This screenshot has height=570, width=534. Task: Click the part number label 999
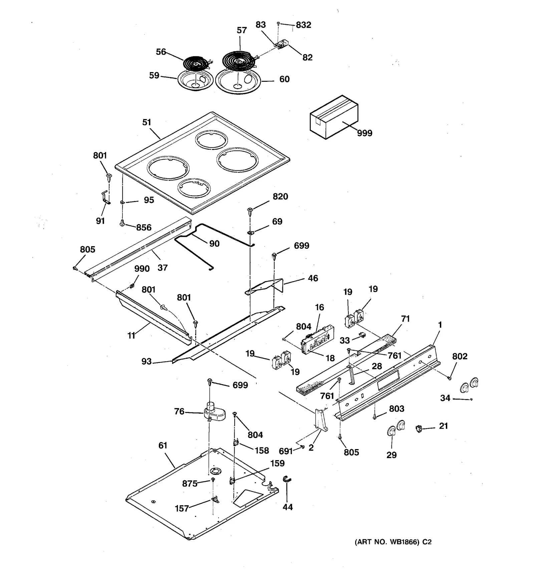(x=364, y=133)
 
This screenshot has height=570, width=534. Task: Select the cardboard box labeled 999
(x=334, y=117)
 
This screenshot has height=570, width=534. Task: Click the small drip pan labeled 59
(x=195, y=80)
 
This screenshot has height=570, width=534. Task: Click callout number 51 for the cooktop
(x=147, y=122)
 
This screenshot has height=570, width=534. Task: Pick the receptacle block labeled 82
(x=282, y=45)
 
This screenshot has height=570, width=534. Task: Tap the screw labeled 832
(x=278, y=24)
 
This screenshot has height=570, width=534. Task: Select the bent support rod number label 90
(x=214, y=243)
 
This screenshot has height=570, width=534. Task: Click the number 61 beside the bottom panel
(x=163, y=445)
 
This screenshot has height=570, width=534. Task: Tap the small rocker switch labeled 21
(x=419, y=428)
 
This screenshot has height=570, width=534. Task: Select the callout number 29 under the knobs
(x=391, y=455)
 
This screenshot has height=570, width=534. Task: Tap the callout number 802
(x=460, y=356)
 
